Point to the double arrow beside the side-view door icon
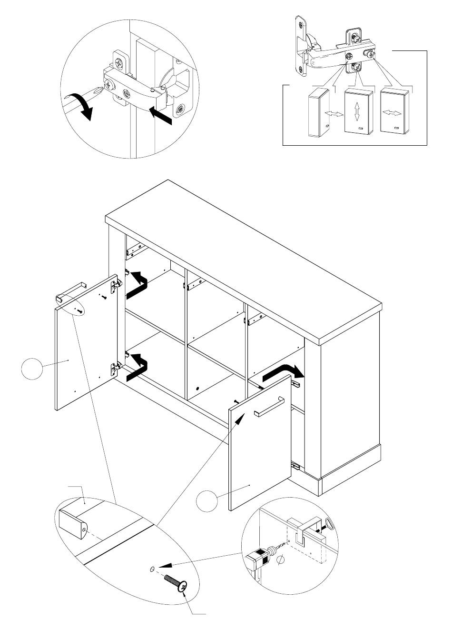[x=333, y=115]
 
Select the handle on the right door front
[x=269, y=407]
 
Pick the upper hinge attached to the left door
[x=115, y=285]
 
